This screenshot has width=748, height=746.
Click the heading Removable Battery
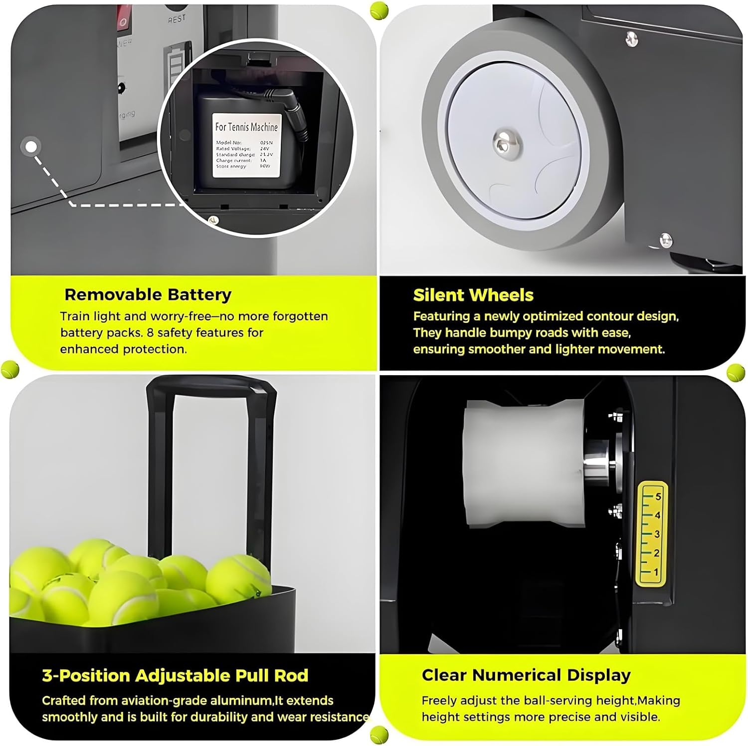coord(148,294)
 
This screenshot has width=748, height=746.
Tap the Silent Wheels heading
coord(473,295)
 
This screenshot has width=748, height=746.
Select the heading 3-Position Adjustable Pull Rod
coord(175,675)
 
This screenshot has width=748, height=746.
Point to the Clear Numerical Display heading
coord(526,675)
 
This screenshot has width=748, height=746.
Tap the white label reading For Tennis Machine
coord(246,145)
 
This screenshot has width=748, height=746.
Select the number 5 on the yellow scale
coord(658,497)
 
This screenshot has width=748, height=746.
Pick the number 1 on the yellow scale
coord(656,572)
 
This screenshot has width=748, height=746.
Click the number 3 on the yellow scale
coord(657,534)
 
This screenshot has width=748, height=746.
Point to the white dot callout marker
coord(31,147)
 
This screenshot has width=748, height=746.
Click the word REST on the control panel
coord(177,18)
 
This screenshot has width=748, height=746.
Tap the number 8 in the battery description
coord(150,332)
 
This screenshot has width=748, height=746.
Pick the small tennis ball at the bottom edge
coord(379,734)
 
